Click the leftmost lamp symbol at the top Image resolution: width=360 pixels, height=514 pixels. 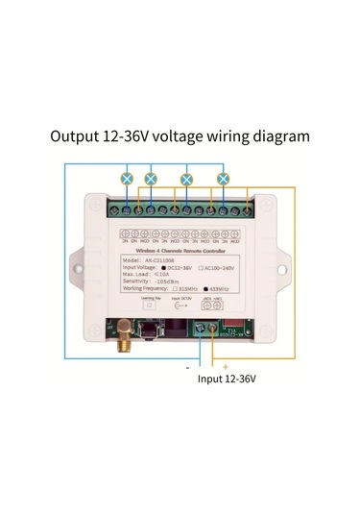pyautogui.click(x=127, y=179)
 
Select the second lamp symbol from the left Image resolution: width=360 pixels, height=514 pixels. pyautogui.click(x=151, y=179)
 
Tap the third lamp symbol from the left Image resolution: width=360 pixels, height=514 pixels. pyautogui.click(x=187, y=179)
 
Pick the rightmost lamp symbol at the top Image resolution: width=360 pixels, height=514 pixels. pyautogui.click(x=224, y=179)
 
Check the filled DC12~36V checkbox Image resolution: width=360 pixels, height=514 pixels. pyautogui.click(x=165, y=267)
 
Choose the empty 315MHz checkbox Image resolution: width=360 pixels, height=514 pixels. pyautogui.click(x=175, y=288)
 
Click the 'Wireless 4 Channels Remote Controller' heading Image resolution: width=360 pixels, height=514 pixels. pyautogui.click(x=180, y=249)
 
